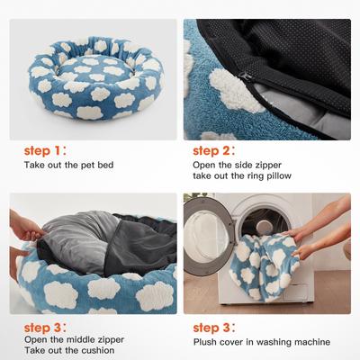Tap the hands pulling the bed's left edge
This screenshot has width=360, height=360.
tap(22, 220)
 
